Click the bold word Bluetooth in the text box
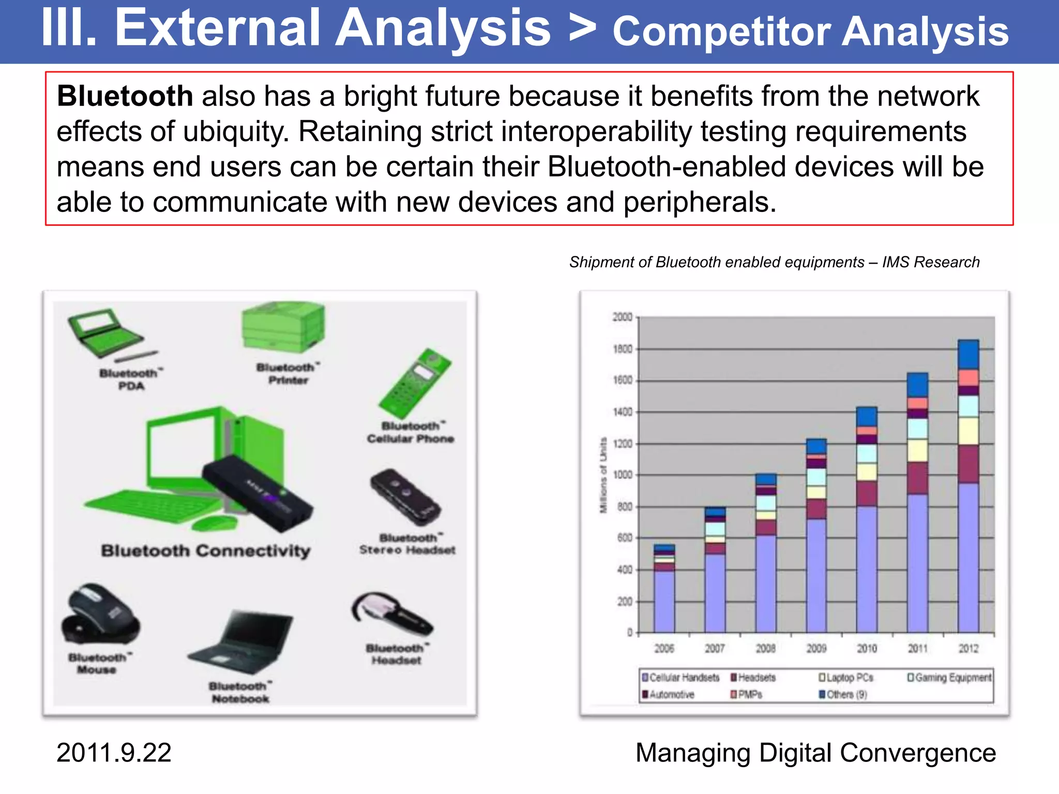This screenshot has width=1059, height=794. coord(125,97)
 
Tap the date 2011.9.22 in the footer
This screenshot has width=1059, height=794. coord(114,753)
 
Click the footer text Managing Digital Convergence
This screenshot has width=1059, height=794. coord(815,753)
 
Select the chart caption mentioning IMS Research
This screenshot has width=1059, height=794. coord(774,262)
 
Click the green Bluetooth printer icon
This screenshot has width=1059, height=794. coord(283,328)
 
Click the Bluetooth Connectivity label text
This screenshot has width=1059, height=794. coord(206,551)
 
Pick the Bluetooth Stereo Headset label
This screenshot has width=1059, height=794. coord(407,544)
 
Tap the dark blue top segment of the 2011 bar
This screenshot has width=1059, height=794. coord(917,385)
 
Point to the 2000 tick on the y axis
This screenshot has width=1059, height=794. coord(623,317)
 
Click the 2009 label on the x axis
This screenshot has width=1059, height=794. coord(816,648)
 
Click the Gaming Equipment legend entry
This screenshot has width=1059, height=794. coord(949,678)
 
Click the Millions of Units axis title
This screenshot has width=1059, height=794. coord(603,476)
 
